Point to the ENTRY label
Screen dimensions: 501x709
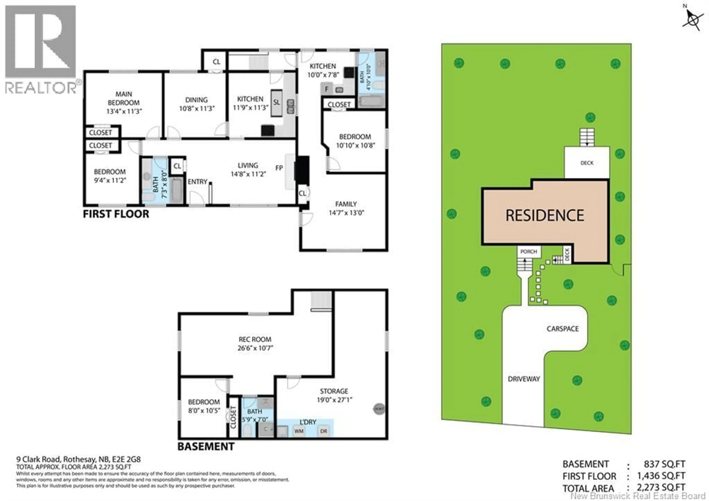(x=197, y=182)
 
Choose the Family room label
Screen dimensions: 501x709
(x=346, y=204)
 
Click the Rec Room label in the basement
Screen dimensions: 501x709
(x=255, y=339)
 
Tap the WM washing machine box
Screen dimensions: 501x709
(x=299, y=431)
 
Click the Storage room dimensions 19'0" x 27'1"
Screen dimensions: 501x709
(x=334, y=400)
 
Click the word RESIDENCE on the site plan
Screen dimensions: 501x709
(x=545, y=215)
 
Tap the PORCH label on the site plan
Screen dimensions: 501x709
(x=529, y=252)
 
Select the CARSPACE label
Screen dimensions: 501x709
(x=563, y=329)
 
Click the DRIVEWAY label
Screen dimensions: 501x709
(x=524, y=379)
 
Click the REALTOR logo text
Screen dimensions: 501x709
(x=41, y=88)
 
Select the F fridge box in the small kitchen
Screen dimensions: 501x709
(x=327, y=89)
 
